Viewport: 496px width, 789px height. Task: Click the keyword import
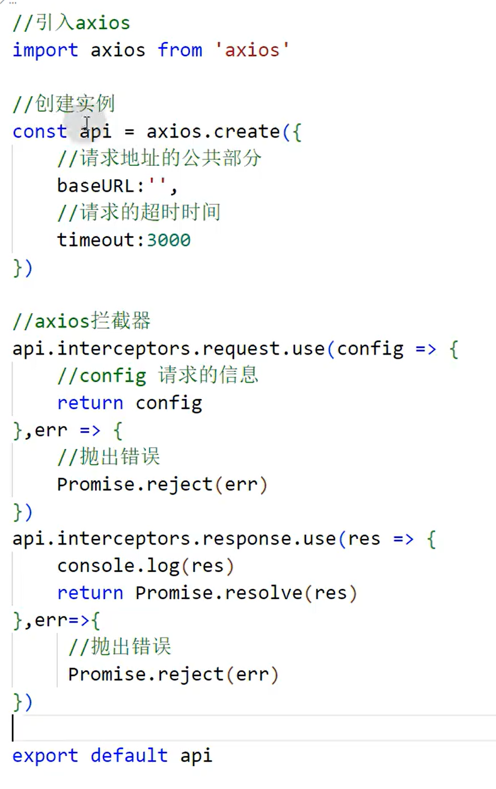[x=45, y=50]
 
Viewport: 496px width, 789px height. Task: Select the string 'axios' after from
[x=253, y=50]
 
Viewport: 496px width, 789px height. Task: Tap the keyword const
[x=40, y=132]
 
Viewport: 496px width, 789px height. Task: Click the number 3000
[x=169, y=240]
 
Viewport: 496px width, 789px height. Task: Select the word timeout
[x=96, y=240]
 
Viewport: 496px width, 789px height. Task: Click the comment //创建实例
[x=63, y=104]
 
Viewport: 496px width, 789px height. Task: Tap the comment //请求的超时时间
[x=139, y=213]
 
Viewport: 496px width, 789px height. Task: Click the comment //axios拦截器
[x=81, y=321]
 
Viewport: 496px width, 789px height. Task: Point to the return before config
[x=90, y=403]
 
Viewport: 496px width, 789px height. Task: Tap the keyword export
[x=45, y=755]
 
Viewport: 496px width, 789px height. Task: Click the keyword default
[x=129, y=755]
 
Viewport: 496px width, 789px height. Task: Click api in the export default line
[x=197, y=755]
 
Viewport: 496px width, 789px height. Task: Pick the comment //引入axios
[x=71, y=23]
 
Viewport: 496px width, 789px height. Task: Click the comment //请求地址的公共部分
[x=159, y=159]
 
